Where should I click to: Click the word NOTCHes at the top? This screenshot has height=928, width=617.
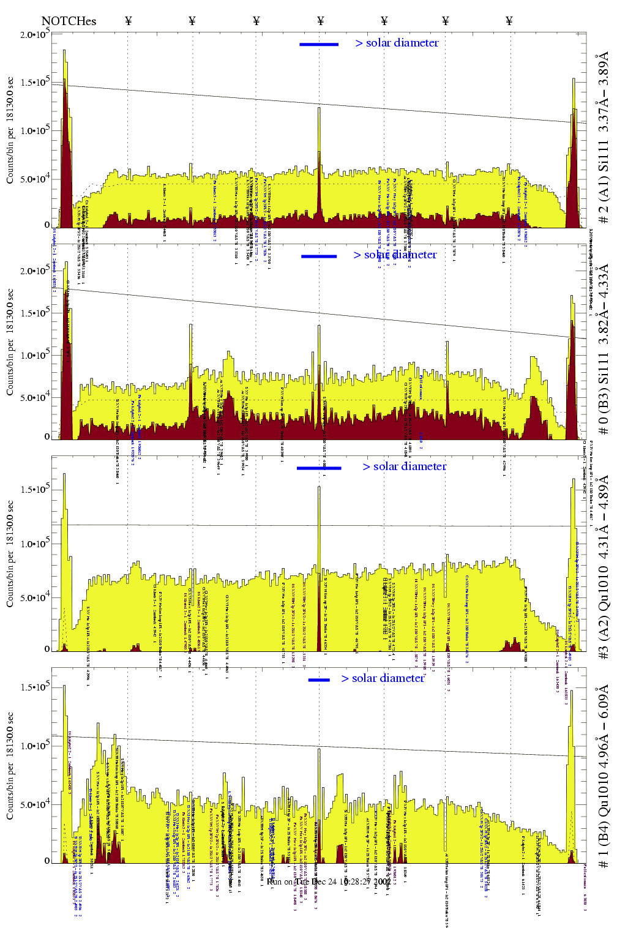tap(69, 21)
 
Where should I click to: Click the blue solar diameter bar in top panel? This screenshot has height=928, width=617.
tap(319, 44)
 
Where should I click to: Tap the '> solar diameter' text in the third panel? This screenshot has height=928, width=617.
tap(404, 466)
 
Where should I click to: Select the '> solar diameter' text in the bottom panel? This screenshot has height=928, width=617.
tap(383, 678)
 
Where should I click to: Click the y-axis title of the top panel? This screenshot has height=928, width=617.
tap(10, 130)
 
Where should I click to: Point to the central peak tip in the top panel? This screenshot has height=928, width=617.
tap(319, 108)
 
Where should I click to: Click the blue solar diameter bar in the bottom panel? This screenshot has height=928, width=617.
tap(319, 680)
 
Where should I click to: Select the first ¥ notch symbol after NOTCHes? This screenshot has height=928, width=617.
tap(129, 21)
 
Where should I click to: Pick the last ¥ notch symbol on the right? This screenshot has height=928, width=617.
tap(509, 21)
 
